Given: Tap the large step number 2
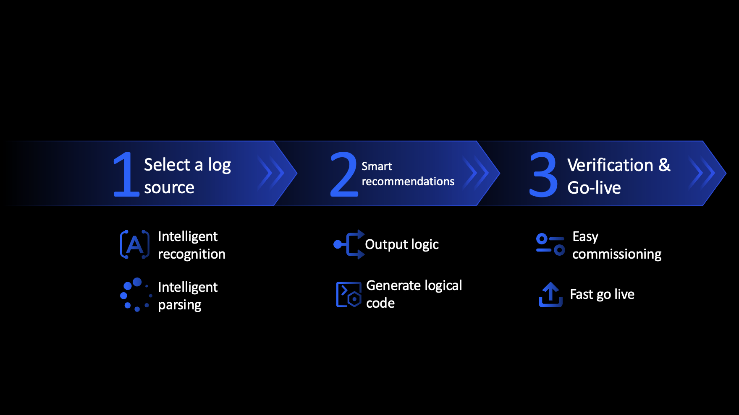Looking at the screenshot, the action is (x=344, y=174).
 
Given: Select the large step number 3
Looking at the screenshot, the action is (x=543, y=174).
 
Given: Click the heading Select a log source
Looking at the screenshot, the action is (x=187, y=176).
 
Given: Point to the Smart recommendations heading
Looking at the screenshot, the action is (x=408, y=174).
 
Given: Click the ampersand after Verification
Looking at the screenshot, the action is (x=664, y=165).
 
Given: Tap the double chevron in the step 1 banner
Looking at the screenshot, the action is (x=271, y=173).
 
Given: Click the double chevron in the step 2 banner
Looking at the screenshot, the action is (x=476, y=173).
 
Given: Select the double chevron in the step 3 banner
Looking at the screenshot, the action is (x=702, y=173).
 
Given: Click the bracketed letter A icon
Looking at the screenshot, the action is (x=135, y=244).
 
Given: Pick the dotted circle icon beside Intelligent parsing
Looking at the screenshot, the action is (x=136, y=295).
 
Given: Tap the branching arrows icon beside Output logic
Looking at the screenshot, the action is (x=349, y=244).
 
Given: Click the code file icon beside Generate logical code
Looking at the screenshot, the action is (x=349, y=294).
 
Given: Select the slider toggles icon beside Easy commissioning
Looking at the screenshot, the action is (x=550, y=244).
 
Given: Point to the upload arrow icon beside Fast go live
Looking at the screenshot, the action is (x=550, y=294).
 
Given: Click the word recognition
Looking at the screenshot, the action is (x=191, y=254).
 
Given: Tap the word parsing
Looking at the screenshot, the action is (x=180, y=305).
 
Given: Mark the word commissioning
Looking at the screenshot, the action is (x=617, y=254).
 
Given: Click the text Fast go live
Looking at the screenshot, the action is (x=602, y=294).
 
